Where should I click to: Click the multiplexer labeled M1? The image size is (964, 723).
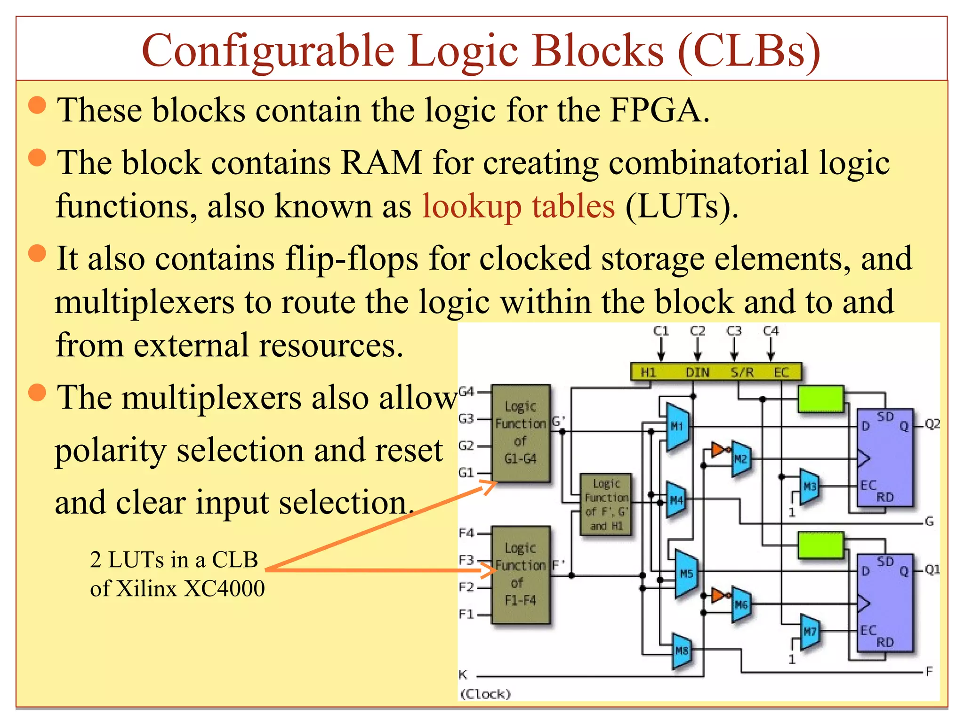click(x=677, y=426)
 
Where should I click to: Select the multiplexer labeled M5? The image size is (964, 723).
click(x=686, y=573)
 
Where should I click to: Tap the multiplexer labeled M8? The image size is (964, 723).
click(x=682, y=651)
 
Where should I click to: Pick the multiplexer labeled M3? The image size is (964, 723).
click(x=809, y=486)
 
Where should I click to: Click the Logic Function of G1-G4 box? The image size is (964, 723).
click(x=520, y=433)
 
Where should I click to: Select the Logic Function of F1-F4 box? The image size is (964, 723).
click(x=520, y=574)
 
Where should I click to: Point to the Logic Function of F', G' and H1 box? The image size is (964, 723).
click(x=606, y=505)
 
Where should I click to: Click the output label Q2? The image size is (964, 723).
click(x=932, y=424)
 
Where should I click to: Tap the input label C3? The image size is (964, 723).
click(x=734, y=331)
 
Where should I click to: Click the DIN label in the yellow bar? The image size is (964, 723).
click(x=697, y=372)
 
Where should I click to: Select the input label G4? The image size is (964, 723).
click(x=466, y=391)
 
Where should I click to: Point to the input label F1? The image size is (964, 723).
click(x=466, y=614)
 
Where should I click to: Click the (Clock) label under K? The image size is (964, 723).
click(x=485, y=694)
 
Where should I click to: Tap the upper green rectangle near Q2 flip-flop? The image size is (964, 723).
click(x=820, y=399)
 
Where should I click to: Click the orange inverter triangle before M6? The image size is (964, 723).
click(x=717, y=595)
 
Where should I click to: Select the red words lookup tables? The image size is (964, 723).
click(x=518, y=206)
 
